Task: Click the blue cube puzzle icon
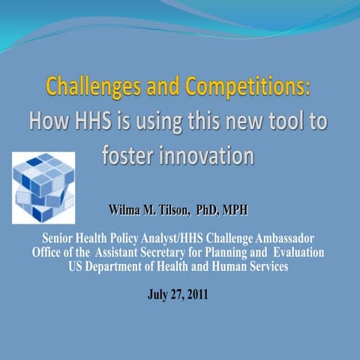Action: (43, 187)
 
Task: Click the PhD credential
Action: (214, 207)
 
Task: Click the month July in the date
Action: (158, 294)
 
